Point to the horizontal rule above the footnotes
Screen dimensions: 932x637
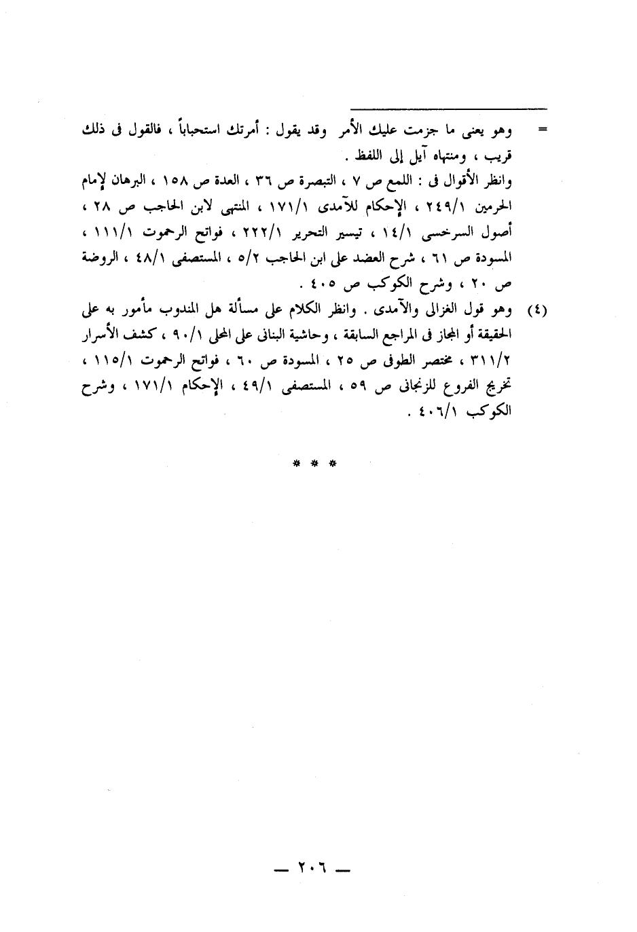coord(449,107)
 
